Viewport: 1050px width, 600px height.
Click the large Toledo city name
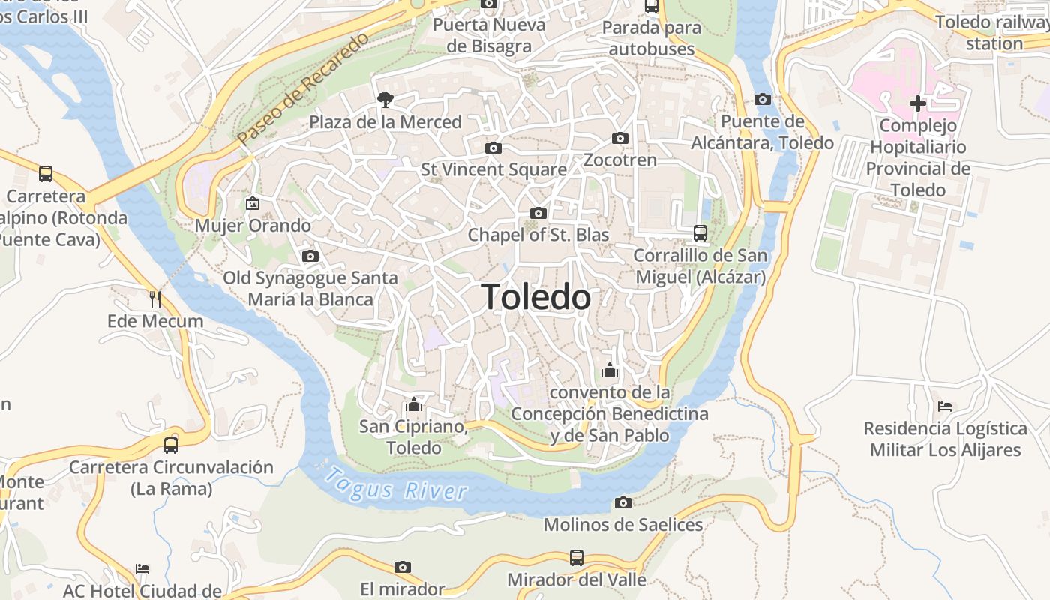click(535, 297)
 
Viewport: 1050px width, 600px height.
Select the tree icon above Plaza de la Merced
click(385, 99)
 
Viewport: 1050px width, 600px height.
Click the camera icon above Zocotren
click(619, 138)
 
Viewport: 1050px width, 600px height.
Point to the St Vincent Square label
click(493, 169)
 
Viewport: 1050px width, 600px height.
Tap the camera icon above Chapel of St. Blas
click(538, 213)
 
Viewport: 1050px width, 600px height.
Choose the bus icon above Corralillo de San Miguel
click(700, 232)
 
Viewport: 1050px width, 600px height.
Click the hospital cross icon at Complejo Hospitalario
click(917, 103)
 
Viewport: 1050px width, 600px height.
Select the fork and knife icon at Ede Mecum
click(155, 299)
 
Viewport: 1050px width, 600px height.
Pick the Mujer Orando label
click(253, 226)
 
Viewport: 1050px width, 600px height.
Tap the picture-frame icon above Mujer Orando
click(253, 203)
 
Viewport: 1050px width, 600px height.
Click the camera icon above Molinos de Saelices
click(622, 502)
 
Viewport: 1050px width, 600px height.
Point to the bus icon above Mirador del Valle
click(576, 557)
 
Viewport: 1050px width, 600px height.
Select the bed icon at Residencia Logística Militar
click(945, 406)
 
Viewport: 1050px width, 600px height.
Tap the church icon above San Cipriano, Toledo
click(413, 405)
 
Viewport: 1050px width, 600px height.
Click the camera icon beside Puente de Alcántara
click(762, 99)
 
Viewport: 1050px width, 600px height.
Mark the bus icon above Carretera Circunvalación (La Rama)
click(171, 445)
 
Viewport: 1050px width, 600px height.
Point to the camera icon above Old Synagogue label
click(310, 256)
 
